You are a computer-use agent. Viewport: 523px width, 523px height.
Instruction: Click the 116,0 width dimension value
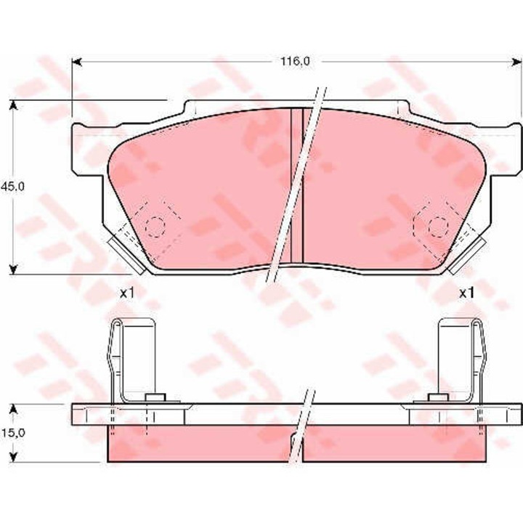(x=295, y=61)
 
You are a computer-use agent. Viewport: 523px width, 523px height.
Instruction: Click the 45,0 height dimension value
(x=12, y=187)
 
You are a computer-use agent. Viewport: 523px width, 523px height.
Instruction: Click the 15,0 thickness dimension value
(x=12, y=433)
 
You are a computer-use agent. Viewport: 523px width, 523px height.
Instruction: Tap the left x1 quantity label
(x=127, y=293)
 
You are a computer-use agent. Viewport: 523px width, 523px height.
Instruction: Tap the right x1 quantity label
(x=466, y=293)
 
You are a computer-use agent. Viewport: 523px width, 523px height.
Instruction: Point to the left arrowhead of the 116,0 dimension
(x=77, y=62)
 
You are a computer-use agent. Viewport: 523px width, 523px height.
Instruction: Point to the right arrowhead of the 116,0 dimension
(x=517, y=62)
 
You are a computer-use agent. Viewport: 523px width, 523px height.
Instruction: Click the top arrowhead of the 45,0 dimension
(x=13, y=105)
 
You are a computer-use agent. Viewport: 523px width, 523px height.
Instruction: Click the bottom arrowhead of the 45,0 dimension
(x=13, y=269)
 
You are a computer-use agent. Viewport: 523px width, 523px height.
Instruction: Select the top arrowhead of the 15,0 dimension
(x=13, y=408)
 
